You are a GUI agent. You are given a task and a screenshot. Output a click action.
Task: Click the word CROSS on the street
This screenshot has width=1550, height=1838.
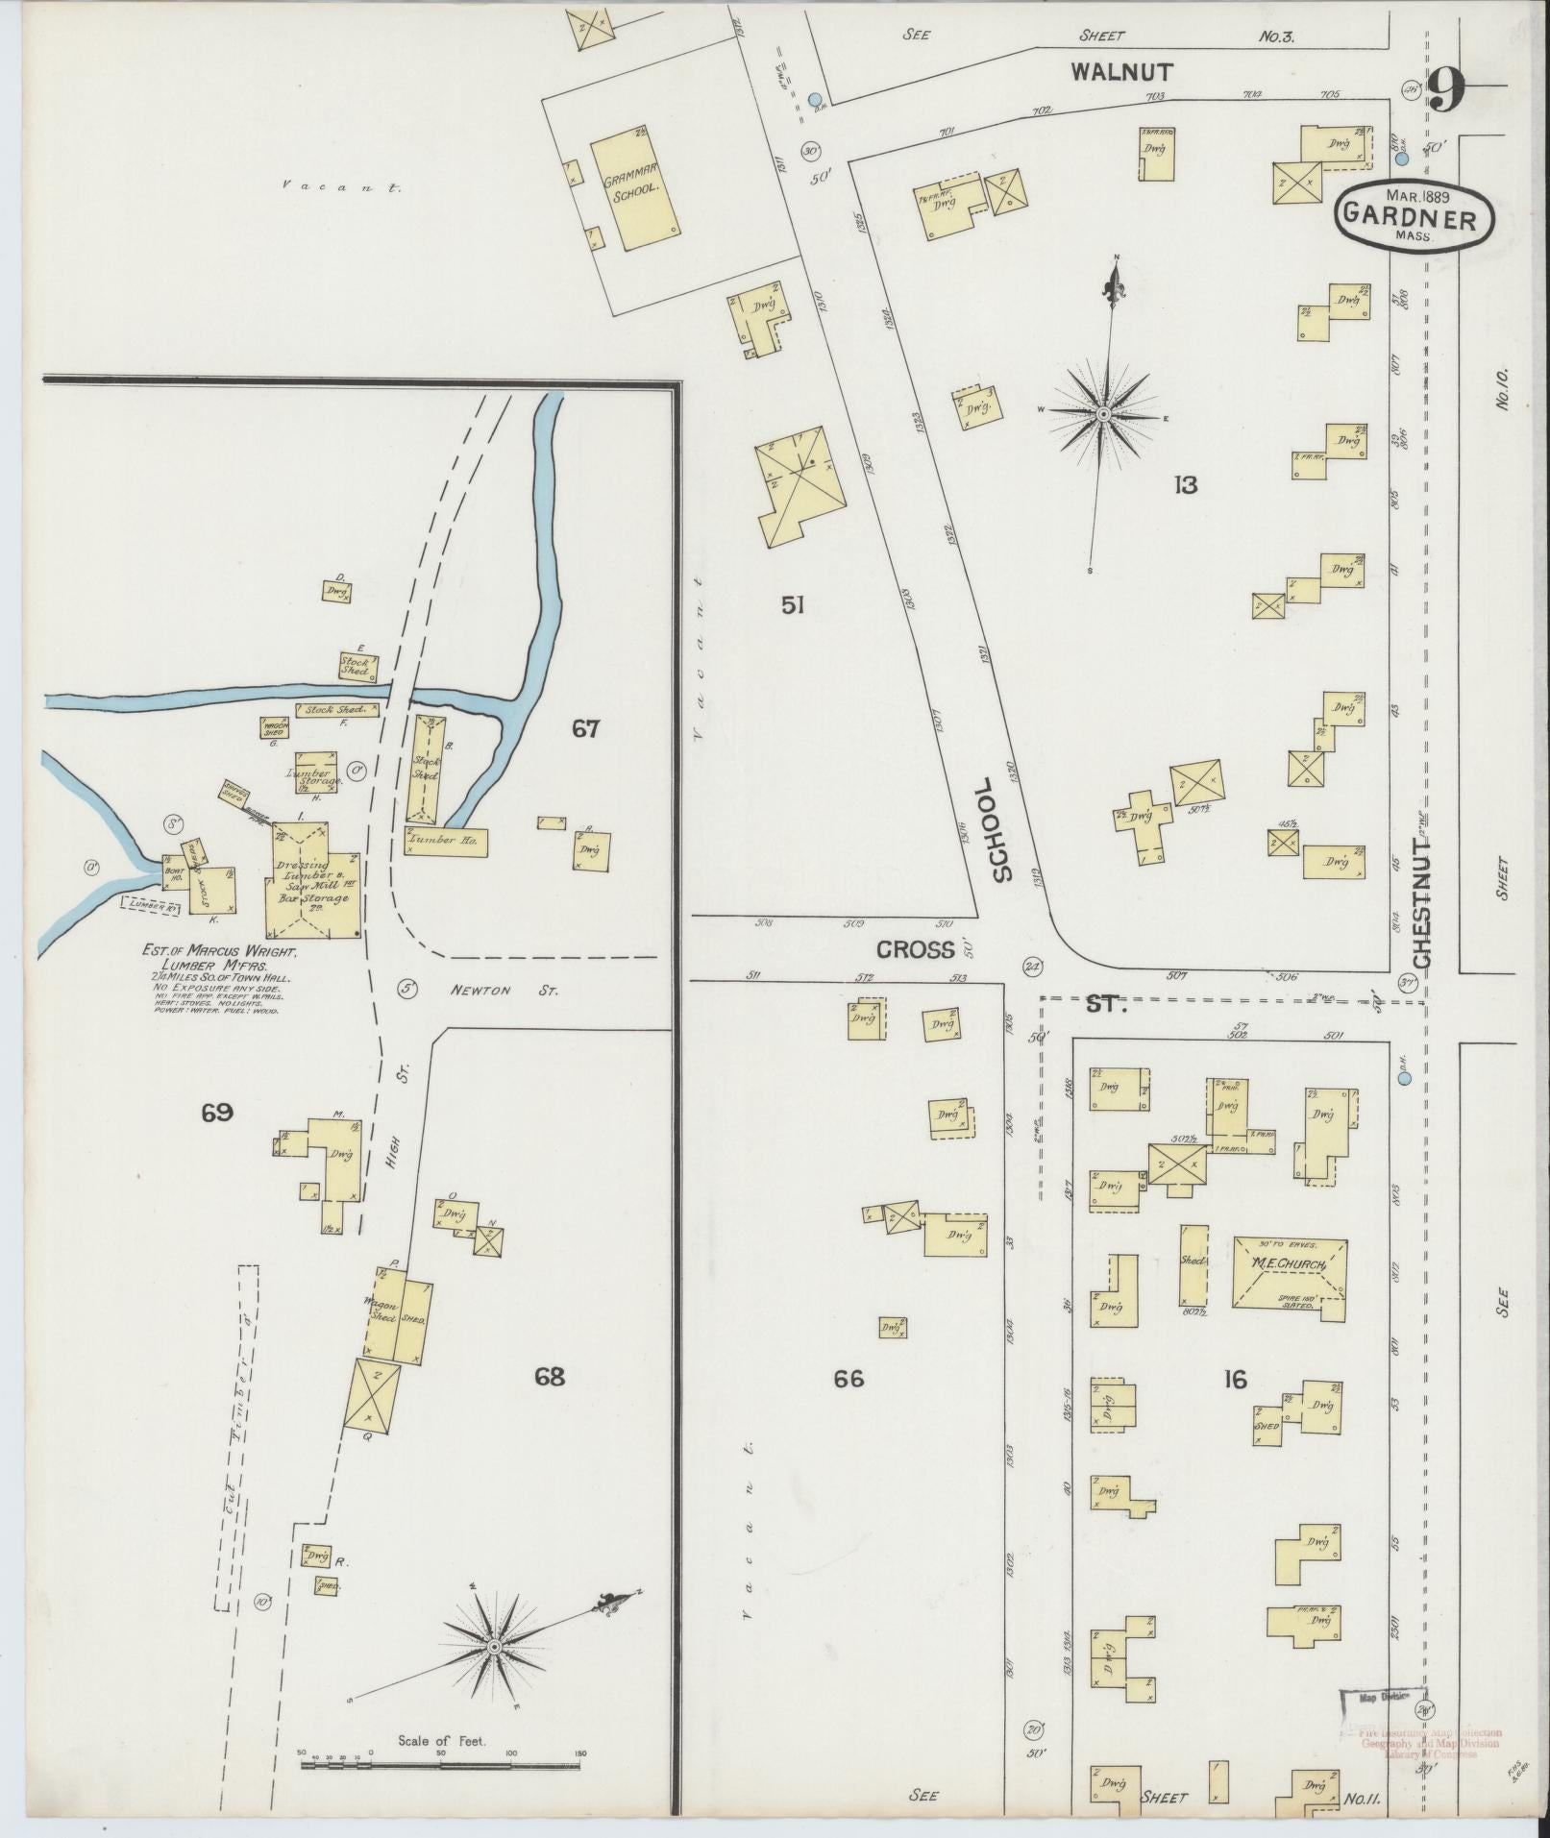915,950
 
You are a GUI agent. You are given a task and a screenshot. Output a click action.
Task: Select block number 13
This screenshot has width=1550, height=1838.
1185,485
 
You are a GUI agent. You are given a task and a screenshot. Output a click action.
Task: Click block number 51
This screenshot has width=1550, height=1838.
792,605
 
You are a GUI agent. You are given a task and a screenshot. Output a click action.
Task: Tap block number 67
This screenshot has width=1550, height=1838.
586,729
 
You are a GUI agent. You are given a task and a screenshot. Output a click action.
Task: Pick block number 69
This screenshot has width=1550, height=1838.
217,1113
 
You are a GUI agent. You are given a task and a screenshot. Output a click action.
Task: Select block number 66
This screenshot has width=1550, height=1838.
849,1380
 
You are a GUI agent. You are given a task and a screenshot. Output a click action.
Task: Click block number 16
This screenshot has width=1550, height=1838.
1235,1381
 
